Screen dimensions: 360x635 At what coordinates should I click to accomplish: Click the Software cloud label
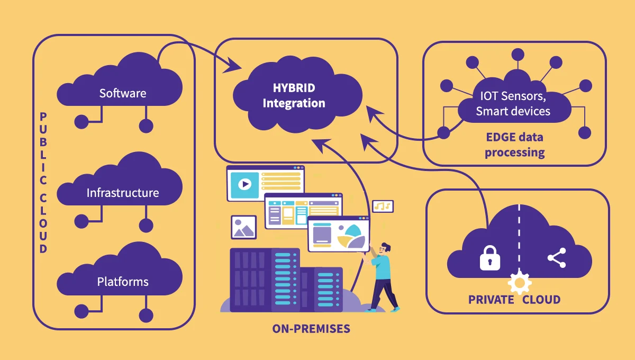[x=122, y=93]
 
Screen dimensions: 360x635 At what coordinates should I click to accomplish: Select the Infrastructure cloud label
[x=122, y=193]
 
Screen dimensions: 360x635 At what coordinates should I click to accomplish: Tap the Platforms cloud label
[x=122, y=282]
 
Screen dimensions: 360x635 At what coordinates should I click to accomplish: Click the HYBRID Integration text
[x=294, y=95]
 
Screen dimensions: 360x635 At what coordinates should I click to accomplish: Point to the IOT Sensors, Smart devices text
[x=513, y=104]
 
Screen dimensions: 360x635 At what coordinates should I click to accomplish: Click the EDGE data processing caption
[x=514, y=145]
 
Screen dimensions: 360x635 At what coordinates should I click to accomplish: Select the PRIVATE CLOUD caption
[x=514, y=300]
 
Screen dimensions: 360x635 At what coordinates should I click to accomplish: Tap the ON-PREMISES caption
[x=311, y=329]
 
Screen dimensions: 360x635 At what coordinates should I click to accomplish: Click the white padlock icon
[x=489, y=258]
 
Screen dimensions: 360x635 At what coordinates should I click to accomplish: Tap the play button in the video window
[x=244, y=184]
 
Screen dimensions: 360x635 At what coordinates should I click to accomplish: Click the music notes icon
[x=383, y=206]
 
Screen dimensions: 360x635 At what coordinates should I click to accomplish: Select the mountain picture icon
[x=243, y=227]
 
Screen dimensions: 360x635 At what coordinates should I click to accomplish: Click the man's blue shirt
[x=383, y=267]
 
